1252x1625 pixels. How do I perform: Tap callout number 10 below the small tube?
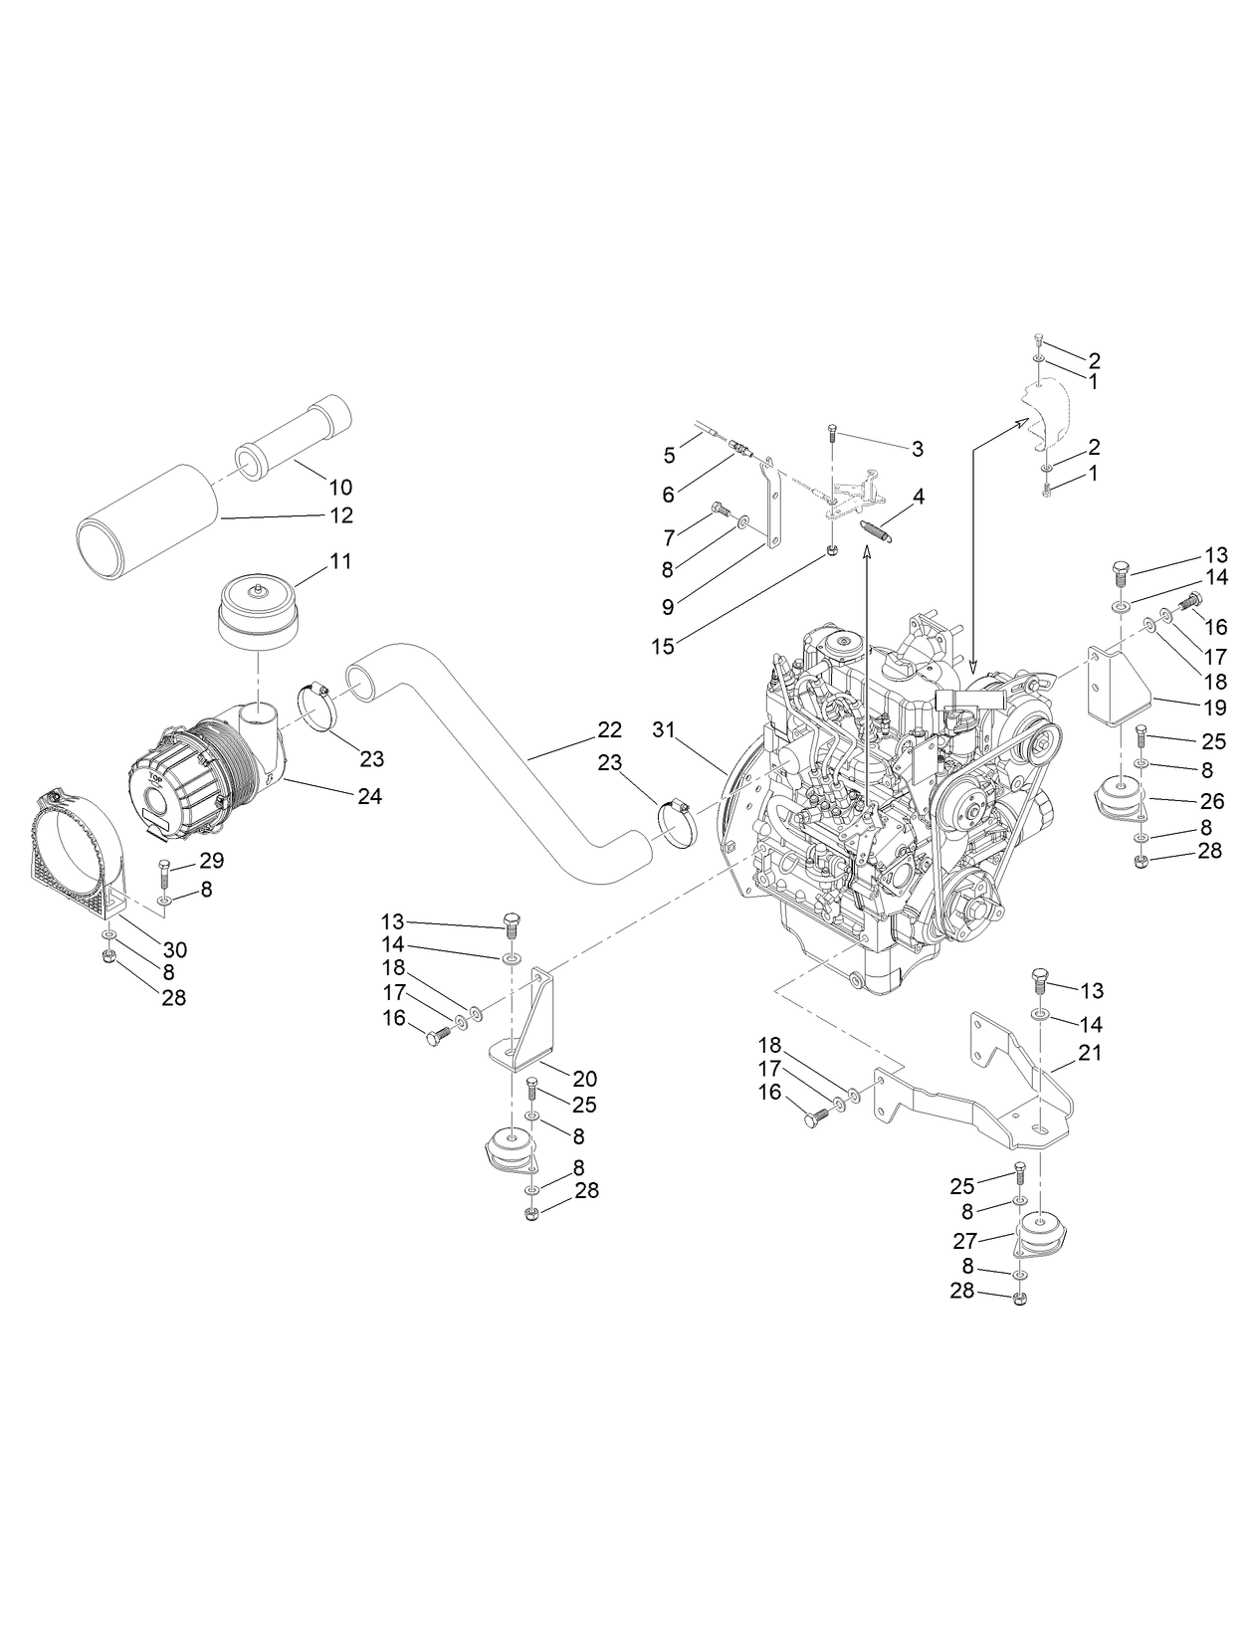[x=340, y=487]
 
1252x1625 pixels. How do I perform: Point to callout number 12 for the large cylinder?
[x=340, y=515]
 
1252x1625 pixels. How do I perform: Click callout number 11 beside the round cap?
[x=340, y=561]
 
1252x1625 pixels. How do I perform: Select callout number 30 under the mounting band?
[x=175, y=949]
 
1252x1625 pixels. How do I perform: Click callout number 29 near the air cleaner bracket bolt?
[x=212, y=860]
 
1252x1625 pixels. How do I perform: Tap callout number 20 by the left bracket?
[x=584, y=1078]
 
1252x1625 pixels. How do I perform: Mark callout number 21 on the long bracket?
[x=1091, y=1052]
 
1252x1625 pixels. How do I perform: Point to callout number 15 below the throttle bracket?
[x=663, y=646]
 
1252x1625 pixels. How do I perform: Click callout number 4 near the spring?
[x=919, y=496]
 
